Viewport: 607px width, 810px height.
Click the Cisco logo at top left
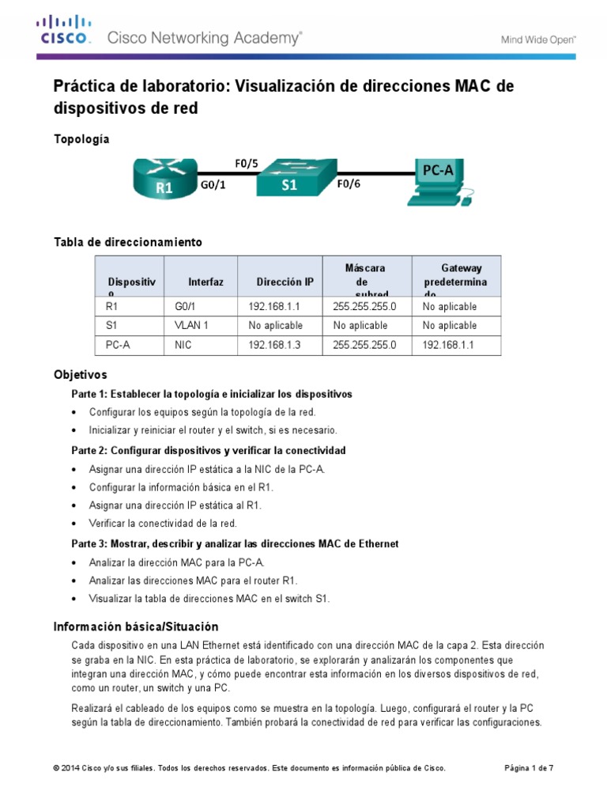[x=66, y=30]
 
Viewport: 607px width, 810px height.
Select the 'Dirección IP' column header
[x=285, y=282]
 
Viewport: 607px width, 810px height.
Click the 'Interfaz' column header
[x=205, y=282]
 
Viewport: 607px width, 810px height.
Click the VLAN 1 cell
[x=191, y=325]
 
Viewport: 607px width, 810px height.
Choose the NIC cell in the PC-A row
[x=183, y=345]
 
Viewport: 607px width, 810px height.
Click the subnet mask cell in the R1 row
[x=364, y=305]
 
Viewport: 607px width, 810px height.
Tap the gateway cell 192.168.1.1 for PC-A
[x=448, y=345]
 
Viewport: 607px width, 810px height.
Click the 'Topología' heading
[x=81, y=139]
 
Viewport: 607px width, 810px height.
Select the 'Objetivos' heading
[x=80, y=374]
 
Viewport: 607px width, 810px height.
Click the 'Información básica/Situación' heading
[x=135, y=626]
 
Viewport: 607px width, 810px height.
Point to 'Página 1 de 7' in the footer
[x=529, y=768]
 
